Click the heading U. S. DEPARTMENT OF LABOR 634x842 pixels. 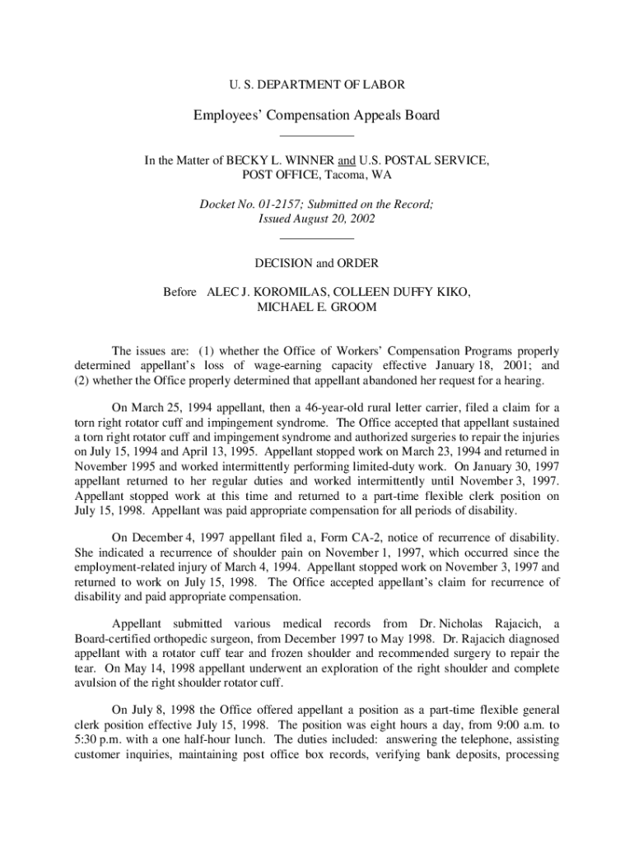click(x=316, y=84)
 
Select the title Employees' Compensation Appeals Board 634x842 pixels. click(x=316, y=115)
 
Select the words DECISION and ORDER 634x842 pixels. click(x=316, y=263)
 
